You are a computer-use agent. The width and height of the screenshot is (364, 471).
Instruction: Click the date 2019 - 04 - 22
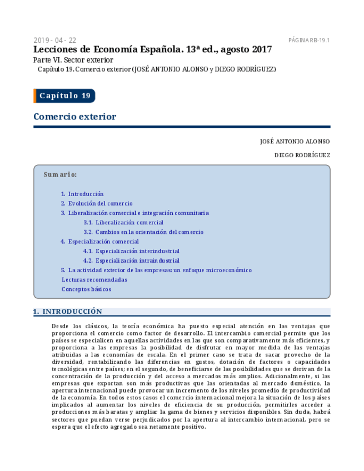pyautogui.click(x=55, y=40)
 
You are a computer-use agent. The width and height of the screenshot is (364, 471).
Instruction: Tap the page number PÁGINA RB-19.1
pyautogui.click(x=309, y=40)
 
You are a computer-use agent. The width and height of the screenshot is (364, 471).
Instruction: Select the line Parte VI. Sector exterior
pyautogui.click(x=73, y=60)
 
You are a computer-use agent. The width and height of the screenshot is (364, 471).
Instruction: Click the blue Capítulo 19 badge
pyautogui.click(x=64, y=96)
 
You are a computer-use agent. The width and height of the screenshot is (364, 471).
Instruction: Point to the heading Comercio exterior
pyautogui.click(x=74, y=117)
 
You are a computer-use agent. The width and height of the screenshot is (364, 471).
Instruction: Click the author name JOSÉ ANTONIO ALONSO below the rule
pyautogui.click(x=295, y=142)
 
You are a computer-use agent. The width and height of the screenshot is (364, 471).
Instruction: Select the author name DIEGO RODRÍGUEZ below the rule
pyautogui.click(x=302, y=156)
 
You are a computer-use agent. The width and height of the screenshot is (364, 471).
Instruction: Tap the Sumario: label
pyautogui.click(x=60, y=174)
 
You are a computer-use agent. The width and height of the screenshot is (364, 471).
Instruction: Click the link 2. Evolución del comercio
pyautogui.click(x=97, y=203)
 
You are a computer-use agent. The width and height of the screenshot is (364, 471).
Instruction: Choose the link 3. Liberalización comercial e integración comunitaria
pyautogui.click(x=135, y=213)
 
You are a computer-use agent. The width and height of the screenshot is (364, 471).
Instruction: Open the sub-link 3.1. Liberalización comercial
pyautogui.click(x=123, y=222)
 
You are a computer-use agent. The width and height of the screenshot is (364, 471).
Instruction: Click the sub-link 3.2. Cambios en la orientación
pyautogui.click(x=143, y=232)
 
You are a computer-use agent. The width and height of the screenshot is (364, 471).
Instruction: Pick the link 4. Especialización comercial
pyautogui.click(x=100, y=242)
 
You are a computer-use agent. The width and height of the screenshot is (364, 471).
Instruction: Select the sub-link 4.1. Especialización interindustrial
pyautogui.click(x=131, y=251)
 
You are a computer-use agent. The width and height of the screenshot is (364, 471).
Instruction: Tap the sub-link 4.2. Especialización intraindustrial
pyautogui.click(x=131, y=260)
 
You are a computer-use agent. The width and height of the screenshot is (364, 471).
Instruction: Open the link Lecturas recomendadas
pyautogui.click(x=94, y=279)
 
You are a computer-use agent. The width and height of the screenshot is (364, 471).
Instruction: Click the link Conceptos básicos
pyautogui.click(x=86, y=289)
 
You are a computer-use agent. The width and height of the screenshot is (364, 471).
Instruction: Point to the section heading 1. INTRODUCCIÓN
pyautogui.click(x=68, y=312)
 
